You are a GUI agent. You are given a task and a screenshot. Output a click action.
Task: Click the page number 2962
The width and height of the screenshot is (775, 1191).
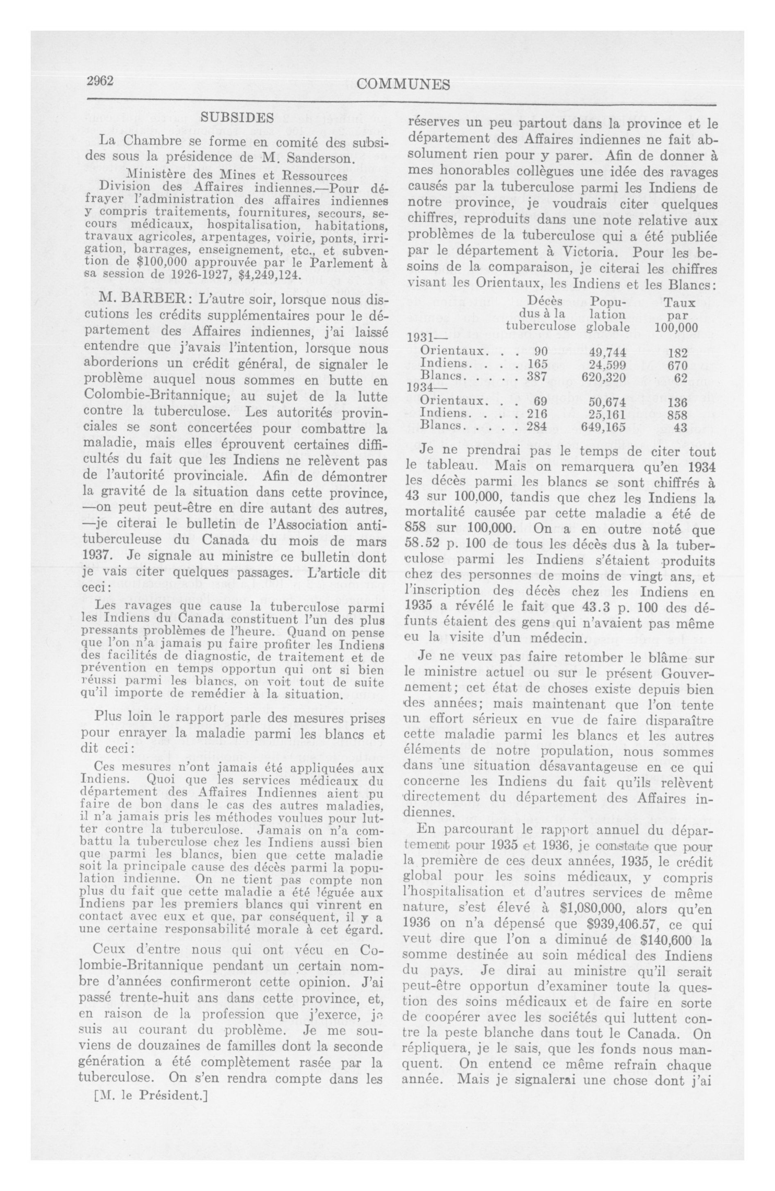(x=101, y=82)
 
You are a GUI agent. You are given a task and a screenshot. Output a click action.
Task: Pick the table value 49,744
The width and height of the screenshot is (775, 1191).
(x=606, y=351)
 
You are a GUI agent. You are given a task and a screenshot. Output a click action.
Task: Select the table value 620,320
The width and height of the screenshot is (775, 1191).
(x=603, y=377)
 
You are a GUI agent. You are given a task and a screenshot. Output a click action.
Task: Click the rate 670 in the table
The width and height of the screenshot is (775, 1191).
(x=678, y=364)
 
